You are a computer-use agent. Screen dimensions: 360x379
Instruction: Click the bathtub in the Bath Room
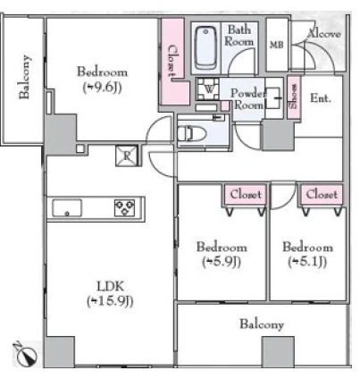click(205, 48)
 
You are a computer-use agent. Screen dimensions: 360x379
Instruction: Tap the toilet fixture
click(192, 133)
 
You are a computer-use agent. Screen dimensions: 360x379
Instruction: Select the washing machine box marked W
click(208, 89)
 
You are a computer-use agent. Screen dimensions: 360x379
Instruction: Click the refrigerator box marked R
click(127, 156)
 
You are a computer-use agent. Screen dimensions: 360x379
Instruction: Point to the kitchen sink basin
click(67, 208)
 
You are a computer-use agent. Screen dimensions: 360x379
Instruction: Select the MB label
click(277, 45)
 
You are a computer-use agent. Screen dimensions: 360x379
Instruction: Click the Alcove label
click(324, 33)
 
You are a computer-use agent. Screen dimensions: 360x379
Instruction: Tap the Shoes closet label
click(294, 97)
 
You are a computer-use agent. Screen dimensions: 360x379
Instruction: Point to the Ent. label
click(321, 97)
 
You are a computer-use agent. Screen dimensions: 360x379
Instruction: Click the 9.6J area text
click(102, 88)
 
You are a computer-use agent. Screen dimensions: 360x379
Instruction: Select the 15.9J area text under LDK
click(110, 301)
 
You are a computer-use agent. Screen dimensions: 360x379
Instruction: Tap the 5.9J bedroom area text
click(222, 262)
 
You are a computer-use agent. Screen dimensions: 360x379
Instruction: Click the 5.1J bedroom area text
click(307, 262)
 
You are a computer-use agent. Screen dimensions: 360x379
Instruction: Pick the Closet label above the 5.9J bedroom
click(246, 194)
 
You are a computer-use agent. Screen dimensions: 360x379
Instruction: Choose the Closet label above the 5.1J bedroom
click(322, 194)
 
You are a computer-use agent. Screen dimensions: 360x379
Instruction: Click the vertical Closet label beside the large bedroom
click(172, 61)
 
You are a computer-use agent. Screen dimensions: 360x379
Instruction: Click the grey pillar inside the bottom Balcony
click(278, 351)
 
